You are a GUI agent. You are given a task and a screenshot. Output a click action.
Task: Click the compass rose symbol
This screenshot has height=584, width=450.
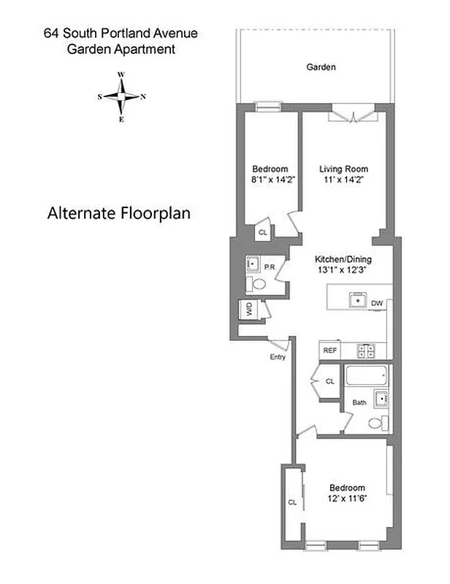(122, 96)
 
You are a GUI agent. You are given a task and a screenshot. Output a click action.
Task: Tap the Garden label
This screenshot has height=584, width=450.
(321, 67)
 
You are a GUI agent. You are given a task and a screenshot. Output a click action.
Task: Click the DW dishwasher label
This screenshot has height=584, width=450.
(377, 302)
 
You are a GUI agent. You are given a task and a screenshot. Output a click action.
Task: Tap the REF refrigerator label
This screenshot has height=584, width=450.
(330, 351)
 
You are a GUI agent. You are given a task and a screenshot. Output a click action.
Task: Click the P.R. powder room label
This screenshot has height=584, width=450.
(269, 266)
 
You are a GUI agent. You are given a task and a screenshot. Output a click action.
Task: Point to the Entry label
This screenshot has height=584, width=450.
(278, 357)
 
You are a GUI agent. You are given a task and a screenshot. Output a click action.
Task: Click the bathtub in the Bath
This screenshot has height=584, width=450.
(367, 377)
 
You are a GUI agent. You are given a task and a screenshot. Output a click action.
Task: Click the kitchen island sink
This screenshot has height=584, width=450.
(358, 299)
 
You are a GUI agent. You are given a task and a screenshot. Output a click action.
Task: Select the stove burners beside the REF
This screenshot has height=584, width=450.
(366, 350)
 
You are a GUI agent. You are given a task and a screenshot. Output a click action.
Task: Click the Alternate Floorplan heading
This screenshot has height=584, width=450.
(119, 214)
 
